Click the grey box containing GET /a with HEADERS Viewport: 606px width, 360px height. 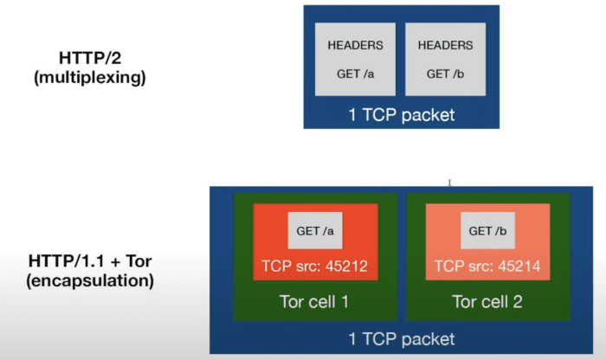355,59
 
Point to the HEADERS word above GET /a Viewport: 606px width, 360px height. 355,45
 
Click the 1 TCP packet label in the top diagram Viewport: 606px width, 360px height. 401,113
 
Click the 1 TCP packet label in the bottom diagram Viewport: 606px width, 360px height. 401,339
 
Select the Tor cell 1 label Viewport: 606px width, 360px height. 315,302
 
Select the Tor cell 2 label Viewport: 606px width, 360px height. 487,302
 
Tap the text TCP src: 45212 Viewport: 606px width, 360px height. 315,267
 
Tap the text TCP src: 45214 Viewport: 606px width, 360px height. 487,267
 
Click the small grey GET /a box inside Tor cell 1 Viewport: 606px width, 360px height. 315,231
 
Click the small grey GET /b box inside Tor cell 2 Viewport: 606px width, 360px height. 487,231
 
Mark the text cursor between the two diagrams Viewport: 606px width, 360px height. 449,183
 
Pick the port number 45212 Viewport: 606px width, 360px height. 347,267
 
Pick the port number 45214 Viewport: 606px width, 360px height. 519,267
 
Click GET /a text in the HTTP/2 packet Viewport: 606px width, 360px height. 355,74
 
